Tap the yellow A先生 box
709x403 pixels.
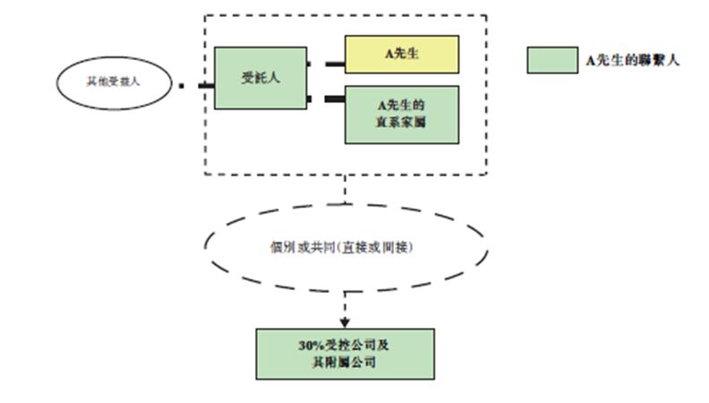[402, 54]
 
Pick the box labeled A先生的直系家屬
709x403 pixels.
[402, 115]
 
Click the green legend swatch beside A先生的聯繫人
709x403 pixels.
[551, 60]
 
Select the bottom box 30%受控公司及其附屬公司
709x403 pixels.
[345, 354]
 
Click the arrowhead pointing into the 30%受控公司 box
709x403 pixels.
[345, 322]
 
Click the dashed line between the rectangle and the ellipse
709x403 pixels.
[345, 190]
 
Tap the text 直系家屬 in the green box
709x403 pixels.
[402, 122]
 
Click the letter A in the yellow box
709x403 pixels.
[389, 54]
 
